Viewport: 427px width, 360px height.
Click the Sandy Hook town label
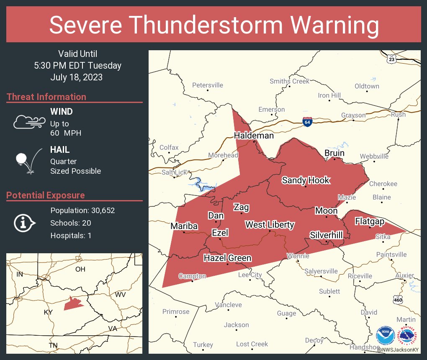(x=306, y=180)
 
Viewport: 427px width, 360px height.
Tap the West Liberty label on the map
(x=270, y=225)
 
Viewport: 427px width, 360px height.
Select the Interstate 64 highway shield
(x=307, y=122)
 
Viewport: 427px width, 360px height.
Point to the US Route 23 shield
(x=391, y=59)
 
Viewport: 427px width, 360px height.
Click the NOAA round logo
(x=385, y=336)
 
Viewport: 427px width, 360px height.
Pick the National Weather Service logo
(x=407, y=336)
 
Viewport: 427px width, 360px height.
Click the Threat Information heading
(x=46, y=97)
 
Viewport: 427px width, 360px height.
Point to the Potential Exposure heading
(x=46, y=195)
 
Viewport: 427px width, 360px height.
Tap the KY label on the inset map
(x=48, y=312)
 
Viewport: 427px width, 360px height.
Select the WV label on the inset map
(x=121, y=295)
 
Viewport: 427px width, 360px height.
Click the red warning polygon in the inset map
(x=73, y=303)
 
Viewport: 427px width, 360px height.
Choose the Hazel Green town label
(x=227, y=258)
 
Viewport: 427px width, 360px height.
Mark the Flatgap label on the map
(x=370, y=221)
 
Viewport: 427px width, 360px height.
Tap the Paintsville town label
(x=391, y=255)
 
